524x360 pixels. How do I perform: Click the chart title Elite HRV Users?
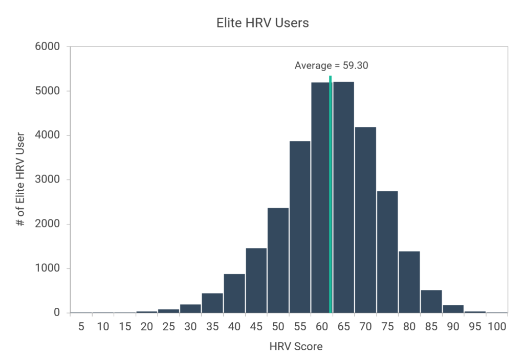(x=261, y=23)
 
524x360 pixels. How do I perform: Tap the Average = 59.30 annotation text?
(x=332, y=65)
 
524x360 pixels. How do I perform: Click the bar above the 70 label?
(x=365, y=220)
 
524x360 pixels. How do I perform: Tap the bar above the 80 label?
(x=409, y=282)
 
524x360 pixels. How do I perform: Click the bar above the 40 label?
(x=234, y=293)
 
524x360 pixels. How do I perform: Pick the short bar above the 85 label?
(x=431, y=301)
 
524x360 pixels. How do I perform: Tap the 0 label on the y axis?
(x=57, y=312)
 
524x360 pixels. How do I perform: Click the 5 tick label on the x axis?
(x=81, y=326)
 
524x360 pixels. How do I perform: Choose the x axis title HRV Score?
(x=296, y=347)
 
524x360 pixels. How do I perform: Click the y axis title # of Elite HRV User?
(x=21, y=179)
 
